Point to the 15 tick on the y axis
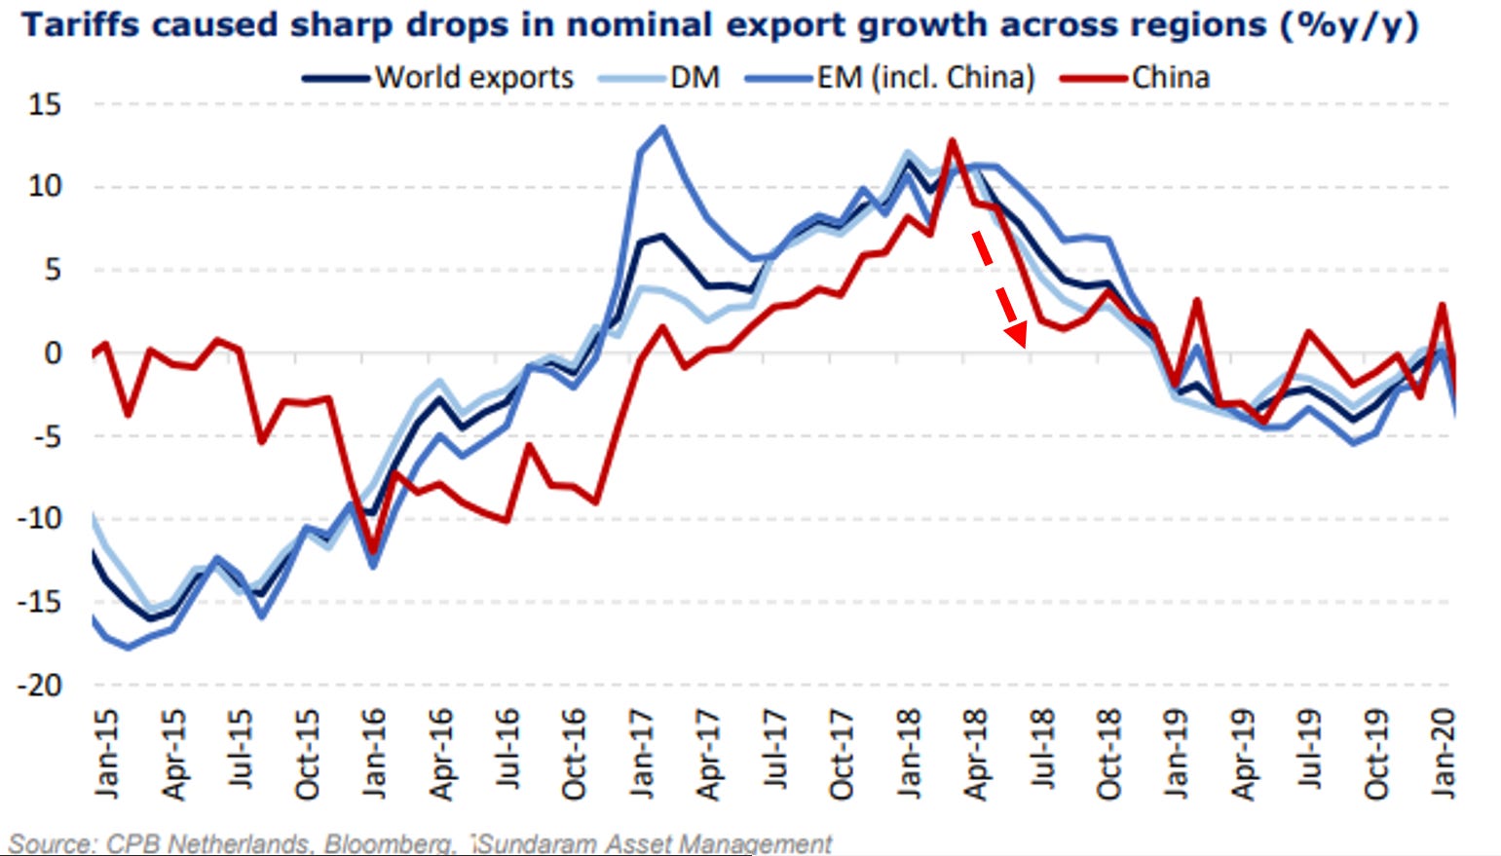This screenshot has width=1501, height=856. [x=45, y=104]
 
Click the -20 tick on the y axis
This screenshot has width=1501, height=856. [x=39, y=686]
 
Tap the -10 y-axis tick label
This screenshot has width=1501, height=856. [x=39, y=519]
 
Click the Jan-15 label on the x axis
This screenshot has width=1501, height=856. [x=107, y=754]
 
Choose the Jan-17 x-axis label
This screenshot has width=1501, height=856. [x=642, y=754]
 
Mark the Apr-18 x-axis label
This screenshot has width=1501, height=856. [x=976, y=755]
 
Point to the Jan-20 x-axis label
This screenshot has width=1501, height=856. [x=1445, y=754]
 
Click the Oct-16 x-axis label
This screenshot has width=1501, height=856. [x=575, y=755]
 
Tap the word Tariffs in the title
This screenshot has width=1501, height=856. [x=80, y=23]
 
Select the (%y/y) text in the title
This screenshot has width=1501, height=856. [x=1349, y=23]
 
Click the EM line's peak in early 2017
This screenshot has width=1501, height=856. [x=663, y=127]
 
